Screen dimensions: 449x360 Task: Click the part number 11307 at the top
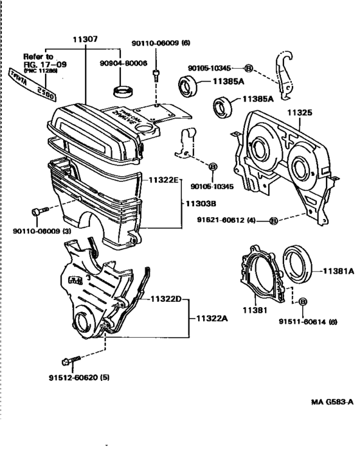click(x=85, y=40)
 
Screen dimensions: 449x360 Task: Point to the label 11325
click(x=299, y=112)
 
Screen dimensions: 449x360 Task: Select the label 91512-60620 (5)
click(x=78, y=377)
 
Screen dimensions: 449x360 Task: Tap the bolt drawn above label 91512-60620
click(x=69, y=360)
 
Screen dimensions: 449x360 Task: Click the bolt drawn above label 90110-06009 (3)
click(x=39, y=211)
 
